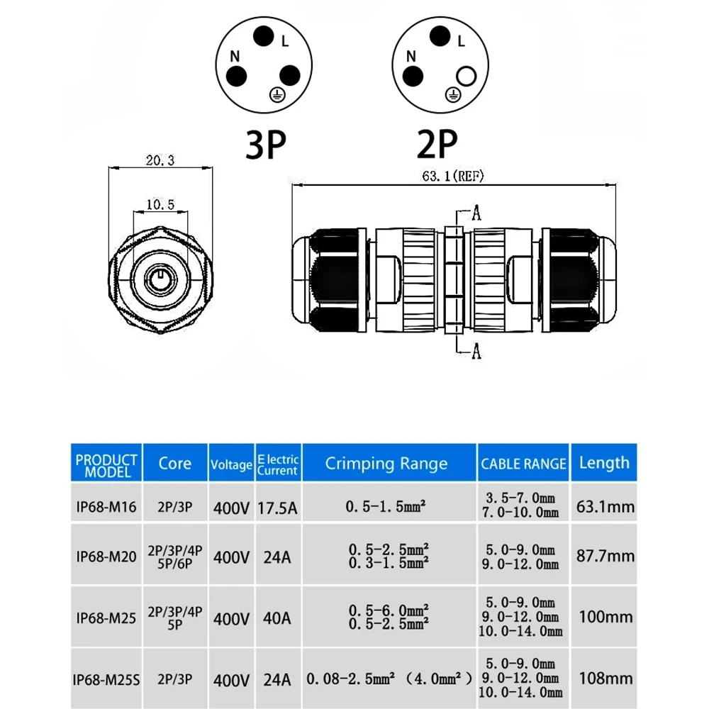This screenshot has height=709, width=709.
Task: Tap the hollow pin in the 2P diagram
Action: point(467,75)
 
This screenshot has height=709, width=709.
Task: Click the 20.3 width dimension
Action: point(160,161)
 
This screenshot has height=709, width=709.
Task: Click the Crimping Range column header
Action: point(386,464)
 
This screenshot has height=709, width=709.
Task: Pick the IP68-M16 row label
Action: point(106,507)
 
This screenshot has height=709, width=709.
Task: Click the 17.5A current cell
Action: point(277,507)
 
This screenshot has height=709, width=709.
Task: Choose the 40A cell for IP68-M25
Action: point(277,618)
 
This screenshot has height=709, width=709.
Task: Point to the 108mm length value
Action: point(605,679)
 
